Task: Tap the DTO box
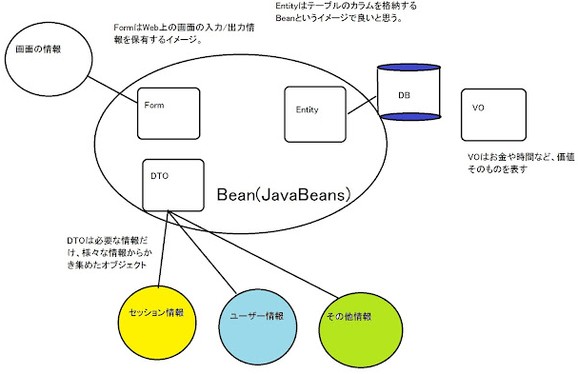(174, 184)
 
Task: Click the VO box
(492, 115)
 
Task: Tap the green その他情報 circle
(349, 316)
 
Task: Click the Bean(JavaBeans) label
(285, 194)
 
